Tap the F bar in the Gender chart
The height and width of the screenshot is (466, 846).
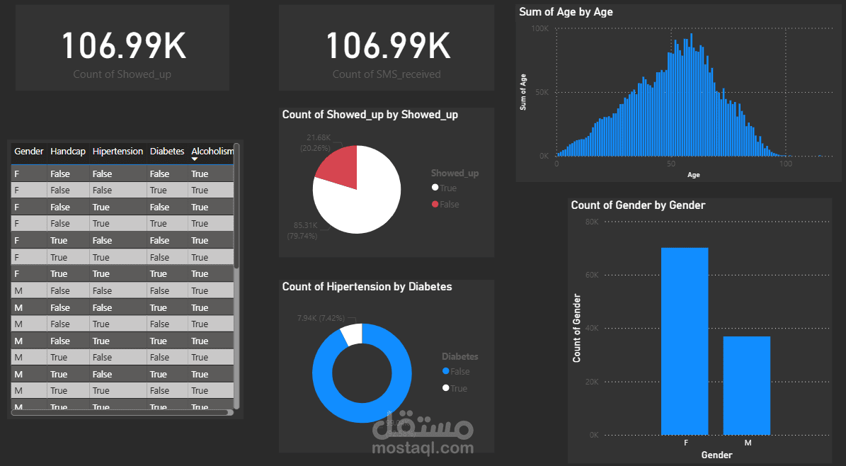tap(685, 341)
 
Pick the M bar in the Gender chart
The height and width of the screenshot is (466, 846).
tap(746, 385)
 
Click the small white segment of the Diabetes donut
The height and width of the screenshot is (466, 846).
tap(352, 333)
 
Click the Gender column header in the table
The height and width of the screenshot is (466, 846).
tap(29, 152)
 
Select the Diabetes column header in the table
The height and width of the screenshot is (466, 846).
tap(167, 152)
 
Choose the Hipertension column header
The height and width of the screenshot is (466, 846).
tap(118, 152)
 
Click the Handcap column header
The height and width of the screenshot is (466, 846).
tap(68, 152)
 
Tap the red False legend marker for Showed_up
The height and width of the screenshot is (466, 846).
tap(435, 205)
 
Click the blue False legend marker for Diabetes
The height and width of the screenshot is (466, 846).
tap(445, 372)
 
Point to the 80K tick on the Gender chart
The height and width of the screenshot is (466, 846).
tap(590, 222)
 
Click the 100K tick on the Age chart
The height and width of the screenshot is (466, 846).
tap(539, 29)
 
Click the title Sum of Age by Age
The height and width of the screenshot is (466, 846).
tap(566, 12)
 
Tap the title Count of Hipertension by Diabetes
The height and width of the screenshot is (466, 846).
tap(367, 287)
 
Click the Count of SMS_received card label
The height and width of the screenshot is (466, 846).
tap(387, 74)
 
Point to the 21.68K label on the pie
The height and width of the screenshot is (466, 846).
tap(319, 137)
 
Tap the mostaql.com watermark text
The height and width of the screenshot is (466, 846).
tap(423, 448)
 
